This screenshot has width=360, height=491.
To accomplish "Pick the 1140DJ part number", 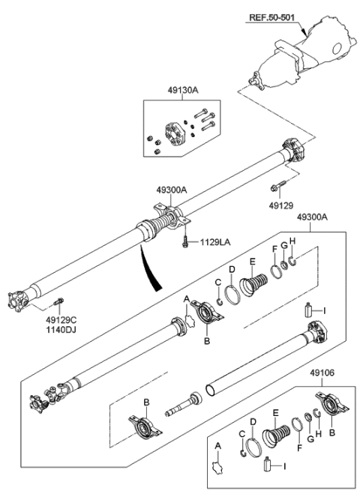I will pyautogui.click(x=56, y=329).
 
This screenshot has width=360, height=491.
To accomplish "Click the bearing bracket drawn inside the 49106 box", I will pyautogui.click(x=331, y=411).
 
